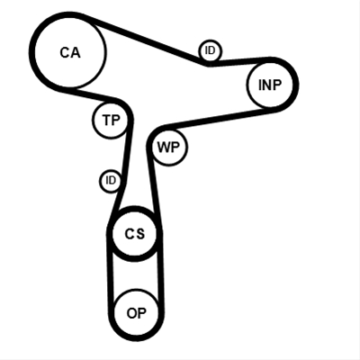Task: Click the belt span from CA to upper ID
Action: (147, 39)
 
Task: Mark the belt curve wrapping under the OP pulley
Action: (136, 337)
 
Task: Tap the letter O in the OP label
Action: (132, 313)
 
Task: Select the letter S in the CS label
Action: (140, 234)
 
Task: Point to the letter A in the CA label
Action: (76, 52)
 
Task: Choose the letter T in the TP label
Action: (107, 120)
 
